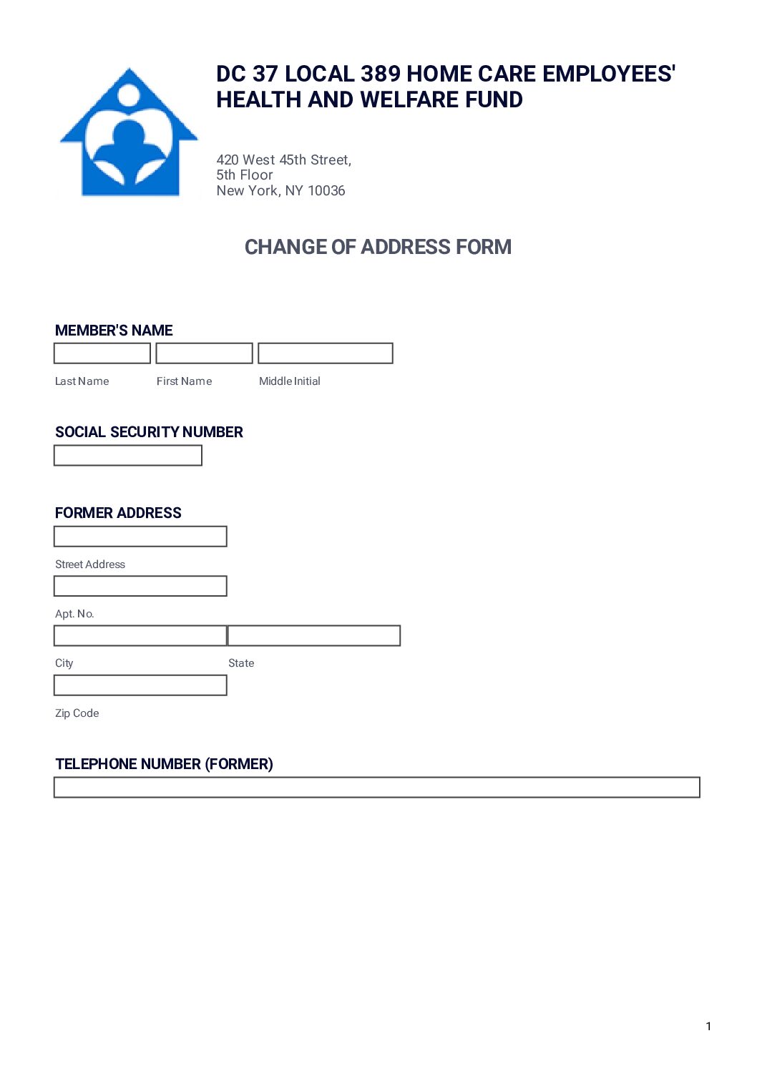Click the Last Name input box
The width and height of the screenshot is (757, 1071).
point(102,353)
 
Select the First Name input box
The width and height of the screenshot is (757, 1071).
point(205,353)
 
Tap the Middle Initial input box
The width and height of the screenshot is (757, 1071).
point(326,353)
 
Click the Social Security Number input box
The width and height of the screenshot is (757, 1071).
point(128,456)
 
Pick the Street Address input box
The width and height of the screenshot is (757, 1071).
point(141,537)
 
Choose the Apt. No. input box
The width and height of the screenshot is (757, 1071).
point(141,586)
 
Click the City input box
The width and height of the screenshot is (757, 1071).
point(141,635)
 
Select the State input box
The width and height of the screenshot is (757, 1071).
point(314,635)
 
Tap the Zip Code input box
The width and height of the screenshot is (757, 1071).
point(141,685)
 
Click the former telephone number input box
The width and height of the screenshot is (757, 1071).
point(377,788)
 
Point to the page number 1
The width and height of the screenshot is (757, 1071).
point(708,1027)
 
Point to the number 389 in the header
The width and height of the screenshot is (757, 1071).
point(381,74)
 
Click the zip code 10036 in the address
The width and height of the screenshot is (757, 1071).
point(326,191)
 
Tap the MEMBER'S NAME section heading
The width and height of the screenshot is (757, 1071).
point(114,331)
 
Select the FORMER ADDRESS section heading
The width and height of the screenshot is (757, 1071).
point(118,513)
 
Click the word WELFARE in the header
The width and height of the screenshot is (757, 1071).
point(411,99)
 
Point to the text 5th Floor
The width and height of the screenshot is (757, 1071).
point(245,175)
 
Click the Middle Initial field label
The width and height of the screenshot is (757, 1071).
point(290,381)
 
